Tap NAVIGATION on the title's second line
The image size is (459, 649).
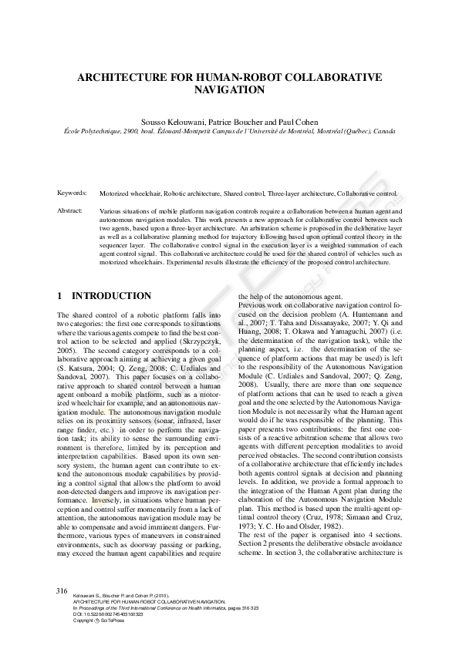229,90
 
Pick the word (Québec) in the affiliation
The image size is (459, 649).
354,132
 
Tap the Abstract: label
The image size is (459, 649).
70,210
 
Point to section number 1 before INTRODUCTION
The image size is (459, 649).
60,296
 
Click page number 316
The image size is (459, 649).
62,590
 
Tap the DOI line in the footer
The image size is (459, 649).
109,614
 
